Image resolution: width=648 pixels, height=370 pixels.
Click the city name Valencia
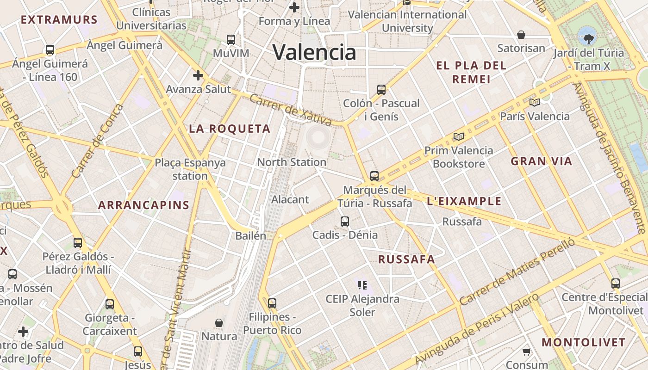point(314,52)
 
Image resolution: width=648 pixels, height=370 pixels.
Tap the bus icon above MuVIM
point(231,39)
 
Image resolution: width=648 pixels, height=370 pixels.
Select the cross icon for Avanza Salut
point(198,75)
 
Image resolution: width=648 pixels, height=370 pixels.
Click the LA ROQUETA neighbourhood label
point(230,129)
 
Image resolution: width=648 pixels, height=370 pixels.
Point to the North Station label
point(292,162)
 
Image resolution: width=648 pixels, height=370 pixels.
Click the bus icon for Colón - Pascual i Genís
point(381,89)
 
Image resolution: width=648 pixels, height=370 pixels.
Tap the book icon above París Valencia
point(535,102)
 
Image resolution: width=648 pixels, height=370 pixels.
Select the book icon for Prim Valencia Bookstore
point(459,136)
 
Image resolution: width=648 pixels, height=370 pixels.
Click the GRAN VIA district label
point(542,161)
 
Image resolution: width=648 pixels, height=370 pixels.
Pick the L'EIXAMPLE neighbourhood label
point(464,201)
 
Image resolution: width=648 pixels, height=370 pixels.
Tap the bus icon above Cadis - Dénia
point(345,221)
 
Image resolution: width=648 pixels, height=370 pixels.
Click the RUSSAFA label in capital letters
point(407,259)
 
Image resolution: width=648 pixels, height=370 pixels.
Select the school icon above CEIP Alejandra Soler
point(362,285)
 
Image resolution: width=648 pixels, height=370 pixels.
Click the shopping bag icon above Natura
point(219,322)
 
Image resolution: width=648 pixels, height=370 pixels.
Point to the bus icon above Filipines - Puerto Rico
point(272,303)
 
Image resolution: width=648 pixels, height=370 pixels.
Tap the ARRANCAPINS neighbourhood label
point(144,205)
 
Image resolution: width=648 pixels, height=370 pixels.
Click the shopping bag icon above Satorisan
point(521,35)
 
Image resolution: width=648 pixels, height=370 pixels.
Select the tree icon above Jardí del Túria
point(588,38)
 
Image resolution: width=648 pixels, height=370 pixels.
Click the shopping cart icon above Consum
point(526,352)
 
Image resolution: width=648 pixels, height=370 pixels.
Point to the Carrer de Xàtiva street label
point(291,110)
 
